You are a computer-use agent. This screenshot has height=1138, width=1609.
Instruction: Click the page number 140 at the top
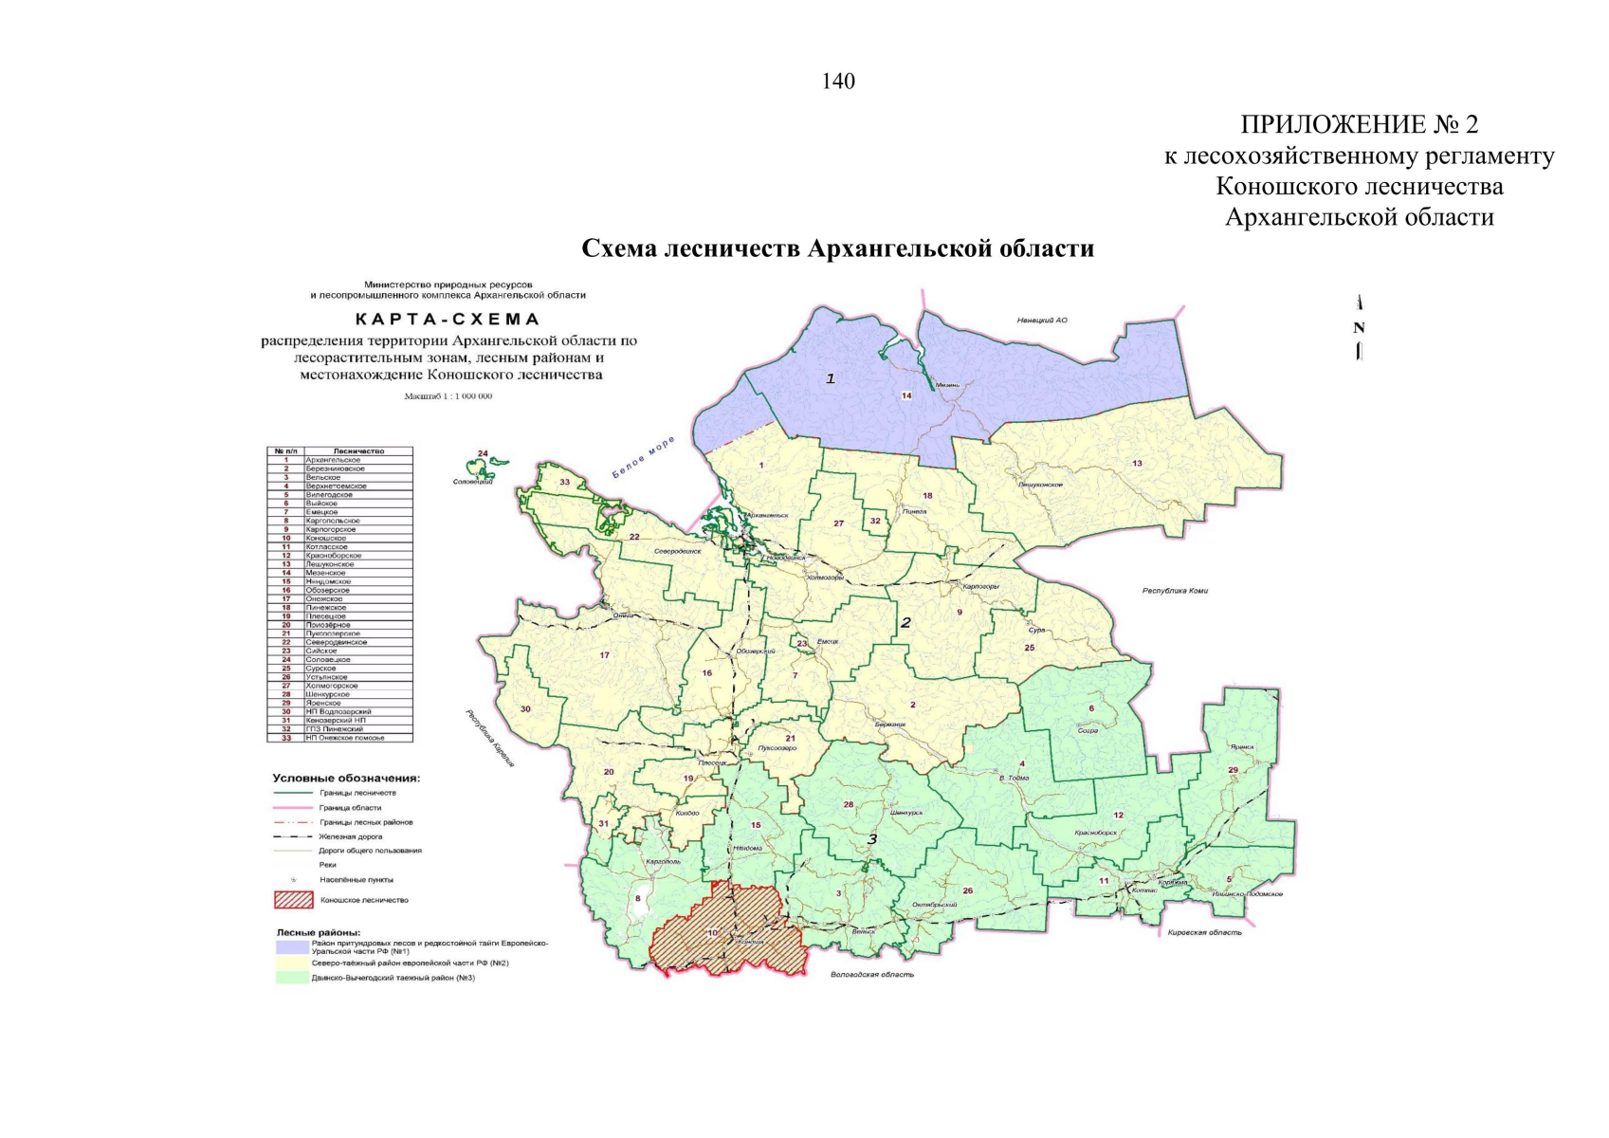[838, 82]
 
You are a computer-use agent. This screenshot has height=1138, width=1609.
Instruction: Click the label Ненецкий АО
[1042, 321]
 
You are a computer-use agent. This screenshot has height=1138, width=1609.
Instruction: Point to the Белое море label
[643, 456]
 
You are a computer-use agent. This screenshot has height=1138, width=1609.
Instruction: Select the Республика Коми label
[1175, 591]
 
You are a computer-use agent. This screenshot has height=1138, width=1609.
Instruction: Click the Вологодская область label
[871, 974]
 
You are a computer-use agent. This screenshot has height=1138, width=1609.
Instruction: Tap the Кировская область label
[1204, 932]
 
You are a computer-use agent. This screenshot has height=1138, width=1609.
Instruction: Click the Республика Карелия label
[489, 738]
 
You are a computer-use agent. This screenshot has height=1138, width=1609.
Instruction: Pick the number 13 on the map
[1137, 464]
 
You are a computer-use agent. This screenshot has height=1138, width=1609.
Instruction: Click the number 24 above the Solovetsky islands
[483, 453]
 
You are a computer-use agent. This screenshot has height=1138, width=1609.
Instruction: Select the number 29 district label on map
[1233, 770]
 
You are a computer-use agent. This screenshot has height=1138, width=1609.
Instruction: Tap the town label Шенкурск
[907, 813]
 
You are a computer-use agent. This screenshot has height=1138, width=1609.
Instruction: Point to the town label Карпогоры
[980, 587]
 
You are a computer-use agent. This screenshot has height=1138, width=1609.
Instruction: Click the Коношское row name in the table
[326, 539]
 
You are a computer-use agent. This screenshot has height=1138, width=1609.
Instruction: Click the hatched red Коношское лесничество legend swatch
[293, 899]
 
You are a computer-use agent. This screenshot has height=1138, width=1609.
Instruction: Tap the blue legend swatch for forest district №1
[292, 946]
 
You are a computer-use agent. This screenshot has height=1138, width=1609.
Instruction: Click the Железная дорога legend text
[351, 836]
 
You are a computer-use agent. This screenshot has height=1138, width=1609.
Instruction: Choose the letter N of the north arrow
[1359, 328]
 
